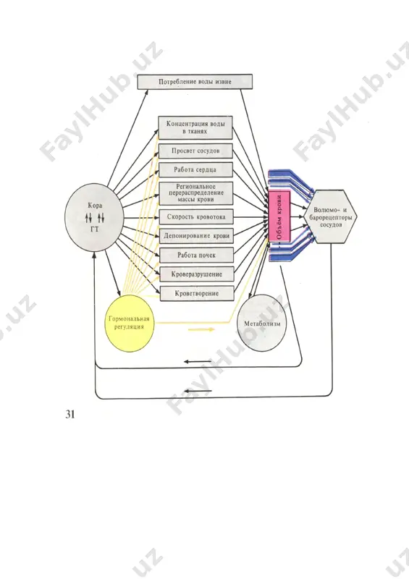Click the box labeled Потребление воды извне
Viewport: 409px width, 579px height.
point(195,82)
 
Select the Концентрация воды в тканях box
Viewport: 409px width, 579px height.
point(195,128)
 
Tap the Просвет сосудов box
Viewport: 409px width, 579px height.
point(195,151)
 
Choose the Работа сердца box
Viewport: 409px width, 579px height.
point(196,170)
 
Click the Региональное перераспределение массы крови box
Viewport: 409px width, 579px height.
point(196,193)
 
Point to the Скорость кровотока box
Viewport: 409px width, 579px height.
point(196,216)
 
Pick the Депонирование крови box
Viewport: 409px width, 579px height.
point(196,236)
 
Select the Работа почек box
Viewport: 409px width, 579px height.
point(197,255)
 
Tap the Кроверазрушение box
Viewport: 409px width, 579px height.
point(197,274)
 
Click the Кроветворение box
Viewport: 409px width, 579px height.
point(197,294)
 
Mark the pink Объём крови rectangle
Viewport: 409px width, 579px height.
point(279,216)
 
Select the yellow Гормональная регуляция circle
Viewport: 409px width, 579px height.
point(130,324)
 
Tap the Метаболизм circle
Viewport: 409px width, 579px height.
point(261,323)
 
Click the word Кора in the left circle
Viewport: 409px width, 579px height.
point(95,206)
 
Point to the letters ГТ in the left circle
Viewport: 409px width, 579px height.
point(95,229)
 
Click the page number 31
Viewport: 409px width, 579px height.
point(69,414)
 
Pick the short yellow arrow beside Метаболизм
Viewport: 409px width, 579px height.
point(202,329)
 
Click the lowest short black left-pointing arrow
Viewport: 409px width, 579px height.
point(198,391)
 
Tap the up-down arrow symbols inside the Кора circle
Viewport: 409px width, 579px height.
point(95,218)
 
